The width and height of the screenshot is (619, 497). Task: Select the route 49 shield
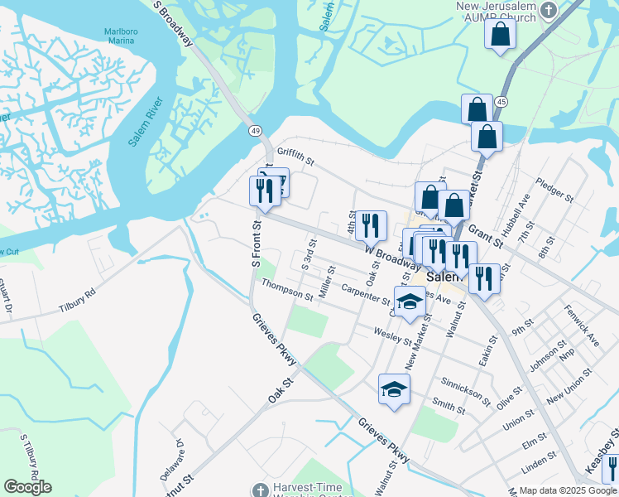click(255, 131)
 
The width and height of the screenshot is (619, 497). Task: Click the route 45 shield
click(501, 100)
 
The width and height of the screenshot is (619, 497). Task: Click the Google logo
click(27, 487)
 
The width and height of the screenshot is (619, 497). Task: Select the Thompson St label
click(287, 290)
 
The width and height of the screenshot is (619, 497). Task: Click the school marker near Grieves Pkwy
click(395, 388)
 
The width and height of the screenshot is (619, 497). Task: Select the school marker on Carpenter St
click(408, 303)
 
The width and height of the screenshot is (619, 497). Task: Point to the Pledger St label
click(554, 190)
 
